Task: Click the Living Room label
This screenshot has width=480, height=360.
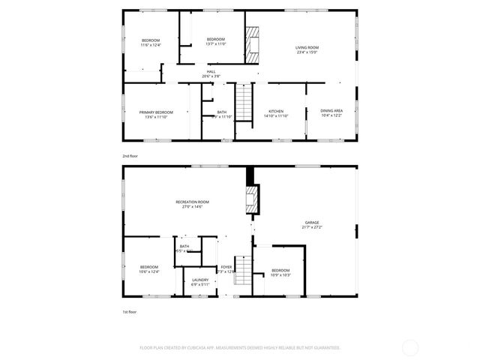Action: [307, 48]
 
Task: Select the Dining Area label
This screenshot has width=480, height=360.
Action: [331, 111]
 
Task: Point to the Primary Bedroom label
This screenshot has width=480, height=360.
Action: [156, 112]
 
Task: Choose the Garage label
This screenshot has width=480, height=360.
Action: [312, 223]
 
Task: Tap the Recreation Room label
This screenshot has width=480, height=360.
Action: [192, 202]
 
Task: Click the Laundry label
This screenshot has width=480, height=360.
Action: [200, 280]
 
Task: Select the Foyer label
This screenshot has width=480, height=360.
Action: [226, 266]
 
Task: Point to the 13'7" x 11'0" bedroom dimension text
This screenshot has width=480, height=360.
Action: [216, 43]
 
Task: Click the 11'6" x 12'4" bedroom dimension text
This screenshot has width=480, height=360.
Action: [151, 45]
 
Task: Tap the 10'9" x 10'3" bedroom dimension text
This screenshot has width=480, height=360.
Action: [280, 275]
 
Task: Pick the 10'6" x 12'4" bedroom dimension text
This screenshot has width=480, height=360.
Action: [149, 271]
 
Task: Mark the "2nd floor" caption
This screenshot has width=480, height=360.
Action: [130, 155]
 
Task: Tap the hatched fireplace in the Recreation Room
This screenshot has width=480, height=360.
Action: [252, 200]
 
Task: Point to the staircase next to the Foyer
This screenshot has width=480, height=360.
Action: [241, 271]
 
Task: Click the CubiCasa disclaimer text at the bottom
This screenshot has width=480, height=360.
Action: [240, 347]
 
